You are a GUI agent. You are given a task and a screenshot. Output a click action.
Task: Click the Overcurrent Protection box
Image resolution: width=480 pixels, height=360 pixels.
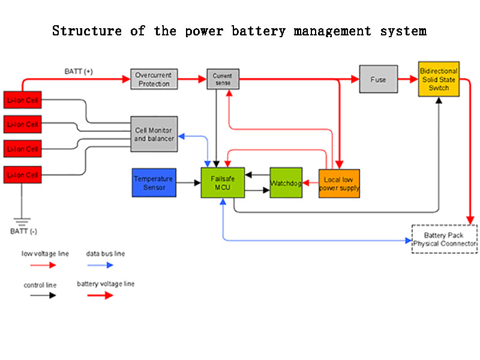click(154, 79)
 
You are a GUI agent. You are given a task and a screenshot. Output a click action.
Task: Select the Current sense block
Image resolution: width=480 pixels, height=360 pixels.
click(222, 79)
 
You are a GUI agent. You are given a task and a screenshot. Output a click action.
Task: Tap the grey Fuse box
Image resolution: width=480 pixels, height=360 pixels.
click(378, 79)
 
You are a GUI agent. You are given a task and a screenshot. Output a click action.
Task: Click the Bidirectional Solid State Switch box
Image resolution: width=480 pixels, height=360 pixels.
click(439, 79)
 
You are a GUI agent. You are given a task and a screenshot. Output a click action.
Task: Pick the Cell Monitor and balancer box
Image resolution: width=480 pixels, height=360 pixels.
click(154, 134)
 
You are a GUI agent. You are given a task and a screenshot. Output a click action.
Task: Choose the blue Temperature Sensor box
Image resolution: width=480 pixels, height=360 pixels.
click(154, 183)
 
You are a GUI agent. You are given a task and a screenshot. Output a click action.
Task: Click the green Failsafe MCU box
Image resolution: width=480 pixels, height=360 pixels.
click(222, 183)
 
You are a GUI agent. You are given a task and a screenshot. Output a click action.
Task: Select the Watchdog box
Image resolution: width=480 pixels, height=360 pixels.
click(286, 183)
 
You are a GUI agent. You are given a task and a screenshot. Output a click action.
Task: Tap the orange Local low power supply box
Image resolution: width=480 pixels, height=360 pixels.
click(339, 183)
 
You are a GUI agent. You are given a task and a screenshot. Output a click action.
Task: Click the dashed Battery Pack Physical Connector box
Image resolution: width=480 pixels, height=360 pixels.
click(444, 239)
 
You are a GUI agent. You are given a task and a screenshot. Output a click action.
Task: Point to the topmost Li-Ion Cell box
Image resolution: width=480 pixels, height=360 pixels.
click(23, 100)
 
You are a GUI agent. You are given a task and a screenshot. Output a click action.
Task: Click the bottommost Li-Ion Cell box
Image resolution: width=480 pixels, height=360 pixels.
click(23, 175)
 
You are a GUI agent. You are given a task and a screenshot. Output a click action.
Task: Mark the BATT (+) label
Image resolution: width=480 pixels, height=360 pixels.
click(79, 71)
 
